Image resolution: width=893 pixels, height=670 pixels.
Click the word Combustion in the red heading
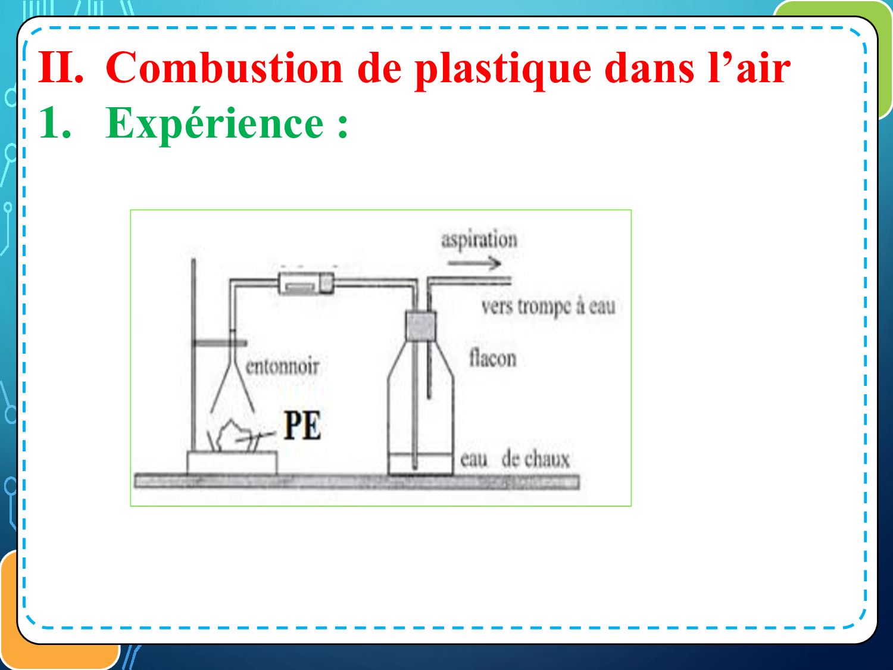[x=224, y=67]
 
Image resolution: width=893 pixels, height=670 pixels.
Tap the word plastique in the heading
[x=503, y=70]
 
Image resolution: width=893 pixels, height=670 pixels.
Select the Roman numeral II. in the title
[x=61, y=67]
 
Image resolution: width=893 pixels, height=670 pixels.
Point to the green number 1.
[x=55, y=123]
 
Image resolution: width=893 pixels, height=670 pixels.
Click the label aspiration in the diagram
[x=479, y=239]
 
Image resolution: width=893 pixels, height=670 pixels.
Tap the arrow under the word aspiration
[x=474, y=263]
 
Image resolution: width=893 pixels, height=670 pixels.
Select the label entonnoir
[x=282, y=366]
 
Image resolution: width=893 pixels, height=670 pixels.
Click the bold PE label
[x=302, y=425]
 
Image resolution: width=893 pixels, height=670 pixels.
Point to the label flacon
[x=493, y=358]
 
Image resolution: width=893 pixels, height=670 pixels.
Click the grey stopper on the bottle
[x=421, y=326]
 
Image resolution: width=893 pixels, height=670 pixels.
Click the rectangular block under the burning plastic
[x=232, y=463]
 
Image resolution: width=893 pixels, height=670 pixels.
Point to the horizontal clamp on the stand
[x=220, y=344]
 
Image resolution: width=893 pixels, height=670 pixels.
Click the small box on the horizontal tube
[x=307, y=283]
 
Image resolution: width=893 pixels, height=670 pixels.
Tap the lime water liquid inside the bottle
[x=421, y=464]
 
